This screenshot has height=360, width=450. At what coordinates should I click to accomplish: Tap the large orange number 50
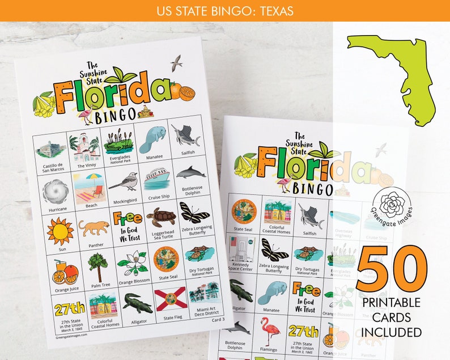click(391, 272)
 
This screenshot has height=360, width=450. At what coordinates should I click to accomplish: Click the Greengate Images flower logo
click(392, 204)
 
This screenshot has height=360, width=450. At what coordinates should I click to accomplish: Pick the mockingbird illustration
click(124, 181)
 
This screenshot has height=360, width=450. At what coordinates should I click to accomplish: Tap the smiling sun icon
click(60, 231)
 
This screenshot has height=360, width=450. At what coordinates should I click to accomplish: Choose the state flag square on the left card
click(171, 298)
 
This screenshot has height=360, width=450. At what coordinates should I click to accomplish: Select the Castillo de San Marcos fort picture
click(51, 149)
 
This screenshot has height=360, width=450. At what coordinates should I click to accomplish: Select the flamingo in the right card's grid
click(270, 332)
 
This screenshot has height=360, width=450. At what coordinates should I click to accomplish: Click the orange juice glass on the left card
click(63, 271)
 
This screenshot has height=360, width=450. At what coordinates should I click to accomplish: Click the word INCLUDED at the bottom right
click(391, 332)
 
